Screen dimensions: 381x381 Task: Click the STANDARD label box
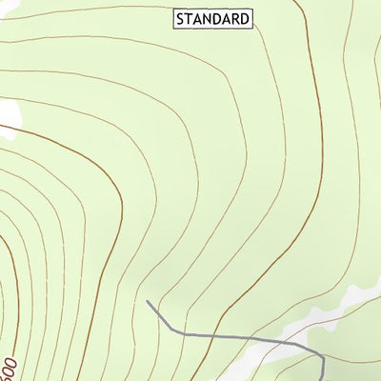(213, 18)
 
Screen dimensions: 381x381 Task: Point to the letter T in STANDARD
(190, 18)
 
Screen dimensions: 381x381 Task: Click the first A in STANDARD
(199, 18)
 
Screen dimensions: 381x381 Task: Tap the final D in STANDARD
(246, 18)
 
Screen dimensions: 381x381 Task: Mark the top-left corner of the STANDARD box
(173, 10)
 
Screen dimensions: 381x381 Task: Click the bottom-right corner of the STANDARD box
(253, 27)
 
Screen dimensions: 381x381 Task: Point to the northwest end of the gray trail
(148, 302)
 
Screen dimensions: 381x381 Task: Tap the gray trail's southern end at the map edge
(324, 380)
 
